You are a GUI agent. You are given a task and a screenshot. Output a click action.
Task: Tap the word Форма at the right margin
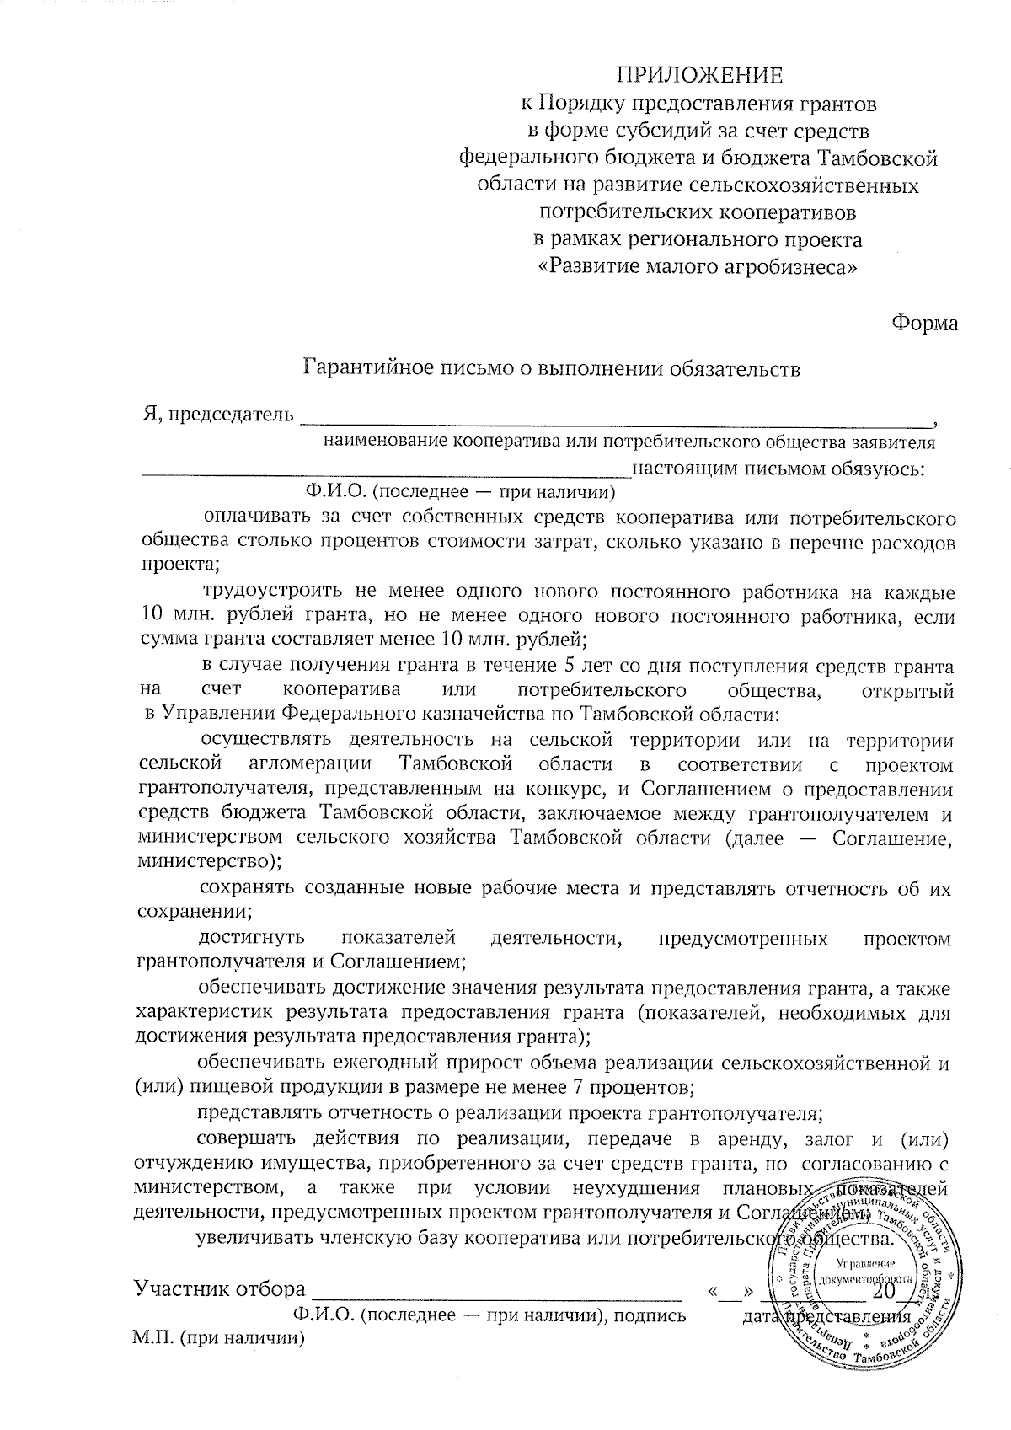(x=924, y=324)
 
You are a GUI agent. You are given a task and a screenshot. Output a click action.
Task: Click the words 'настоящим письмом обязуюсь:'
(x=778, y=469)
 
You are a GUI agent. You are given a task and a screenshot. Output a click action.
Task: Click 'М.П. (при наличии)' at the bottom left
(x=218, y=1338)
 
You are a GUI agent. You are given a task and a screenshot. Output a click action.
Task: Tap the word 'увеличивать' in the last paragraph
(x=252, y=1240)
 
